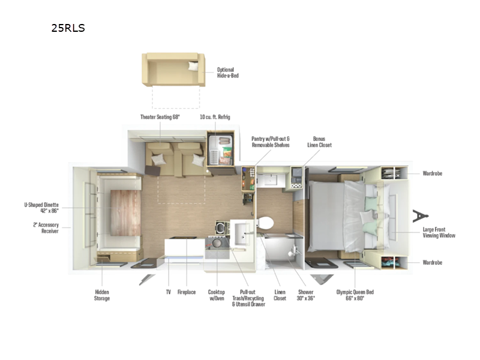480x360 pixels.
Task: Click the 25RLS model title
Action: pyautogui.click(x=68, y=28)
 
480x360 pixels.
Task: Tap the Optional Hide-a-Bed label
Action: pyautogui.click(x=228, y=73)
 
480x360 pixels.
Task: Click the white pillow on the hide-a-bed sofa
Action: pyautogui.click(x=193, y=66)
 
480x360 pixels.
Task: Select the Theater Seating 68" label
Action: pyautogui.click(x=160, y=117)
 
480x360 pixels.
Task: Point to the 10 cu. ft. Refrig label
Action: pyautogui.click(x=215, y=117)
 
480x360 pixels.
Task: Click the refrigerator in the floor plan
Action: pyautogui.click(x=220, y=150)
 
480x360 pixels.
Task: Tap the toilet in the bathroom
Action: pyautogui.click(x=265, y=223)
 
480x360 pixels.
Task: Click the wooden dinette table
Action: pyautogui.click(x=125, y=213)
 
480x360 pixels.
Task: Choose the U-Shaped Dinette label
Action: pyautogui.click(x=41, y=208)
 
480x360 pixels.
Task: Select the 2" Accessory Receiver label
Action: pyautogui.click(x=46, y=228)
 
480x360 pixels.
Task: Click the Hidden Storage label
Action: pyautogui.click(x=102, y=295)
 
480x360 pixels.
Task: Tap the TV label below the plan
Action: pyautogui.click(x=169, y=292)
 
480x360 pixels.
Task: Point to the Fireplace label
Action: pyautogui.click(x=187, y=292)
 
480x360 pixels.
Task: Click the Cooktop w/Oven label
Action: pyautogui.click(x=217, y=295)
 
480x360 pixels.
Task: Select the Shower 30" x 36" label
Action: pyautogui.click(x=306, y=295)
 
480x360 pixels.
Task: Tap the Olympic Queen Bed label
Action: pyautogui.click(x=355, y=295)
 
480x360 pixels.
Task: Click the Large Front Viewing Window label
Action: pyautogui.click(x=439, y=232)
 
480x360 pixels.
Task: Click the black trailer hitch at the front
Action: pyautogui.click(x=420, y=215)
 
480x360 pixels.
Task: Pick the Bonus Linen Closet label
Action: pyautogui.click(x=319, y=142)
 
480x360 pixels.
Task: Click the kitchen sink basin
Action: pyautogui.click(x=242, y=233)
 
